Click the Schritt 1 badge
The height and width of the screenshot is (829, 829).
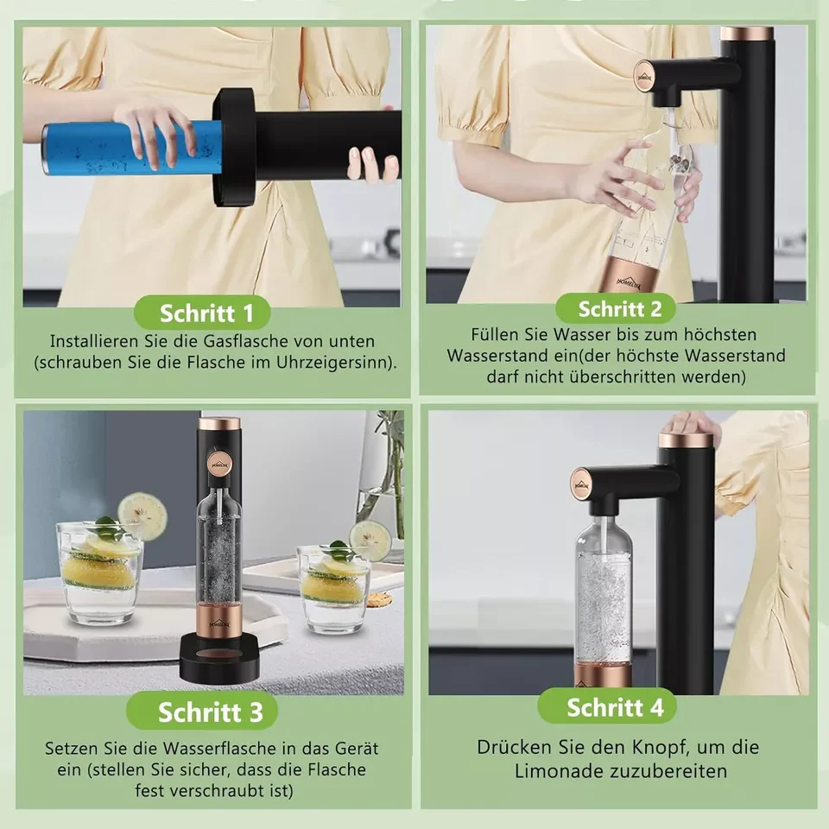coord(202,313)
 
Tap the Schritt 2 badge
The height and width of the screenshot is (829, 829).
coord(616,309)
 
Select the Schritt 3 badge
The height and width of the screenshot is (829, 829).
coord(202,711)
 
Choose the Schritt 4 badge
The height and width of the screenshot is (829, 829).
coord(607,707)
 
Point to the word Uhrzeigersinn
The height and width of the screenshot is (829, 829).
coord(335,363)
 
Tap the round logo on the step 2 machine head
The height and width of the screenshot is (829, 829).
coord(644,78)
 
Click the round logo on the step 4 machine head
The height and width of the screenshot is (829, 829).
coord(583,484)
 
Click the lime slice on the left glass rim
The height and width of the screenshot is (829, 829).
coord(142,516)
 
